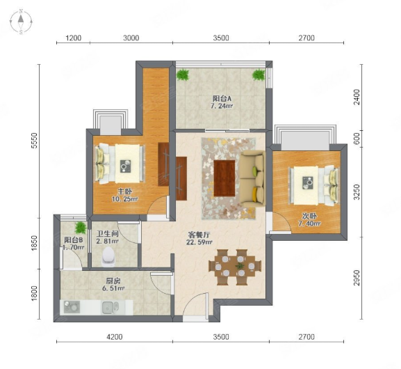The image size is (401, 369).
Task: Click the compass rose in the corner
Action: [x=21, y=22]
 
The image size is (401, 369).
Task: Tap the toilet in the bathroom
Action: [x=108, y=256]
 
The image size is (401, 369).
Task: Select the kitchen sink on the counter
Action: [x=111, y=308]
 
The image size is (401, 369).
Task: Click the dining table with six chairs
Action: [x=236, y=267]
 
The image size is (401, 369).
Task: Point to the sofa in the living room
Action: [x=253, y=179]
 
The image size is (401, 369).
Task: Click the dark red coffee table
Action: [x=224, y=178]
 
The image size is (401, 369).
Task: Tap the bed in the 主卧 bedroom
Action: [x=120, y=164]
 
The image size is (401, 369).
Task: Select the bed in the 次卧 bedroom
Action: [x=314, y=186]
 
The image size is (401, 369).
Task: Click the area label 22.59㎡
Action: [x=199, y=242]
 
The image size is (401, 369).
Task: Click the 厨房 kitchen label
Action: [x=113, y=281]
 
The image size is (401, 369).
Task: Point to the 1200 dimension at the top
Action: [x=74, y=38]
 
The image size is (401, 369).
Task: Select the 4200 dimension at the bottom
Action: [x=115, y=337]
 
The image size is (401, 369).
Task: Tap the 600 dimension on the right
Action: [x=357, y=139]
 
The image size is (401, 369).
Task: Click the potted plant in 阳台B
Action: [x=81, y=228]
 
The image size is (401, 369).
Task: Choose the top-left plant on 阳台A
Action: [x=183, y=74]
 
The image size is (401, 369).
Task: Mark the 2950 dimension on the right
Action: [x=357, y=278]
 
